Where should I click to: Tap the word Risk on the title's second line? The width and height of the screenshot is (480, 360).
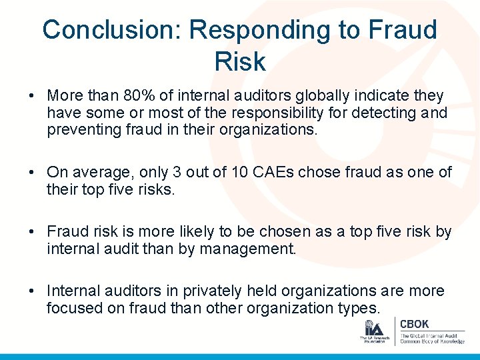tap(240, 62)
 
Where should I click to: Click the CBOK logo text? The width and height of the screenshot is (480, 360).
tap(414, 324)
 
